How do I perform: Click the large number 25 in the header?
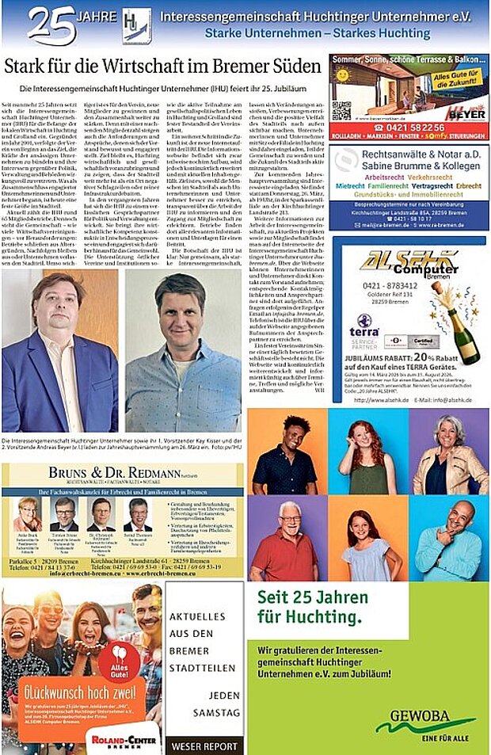(x=51, y=24)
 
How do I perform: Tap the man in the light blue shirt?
(x=183, y=357)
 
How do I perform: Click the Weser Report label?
(x=204, y=745)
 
